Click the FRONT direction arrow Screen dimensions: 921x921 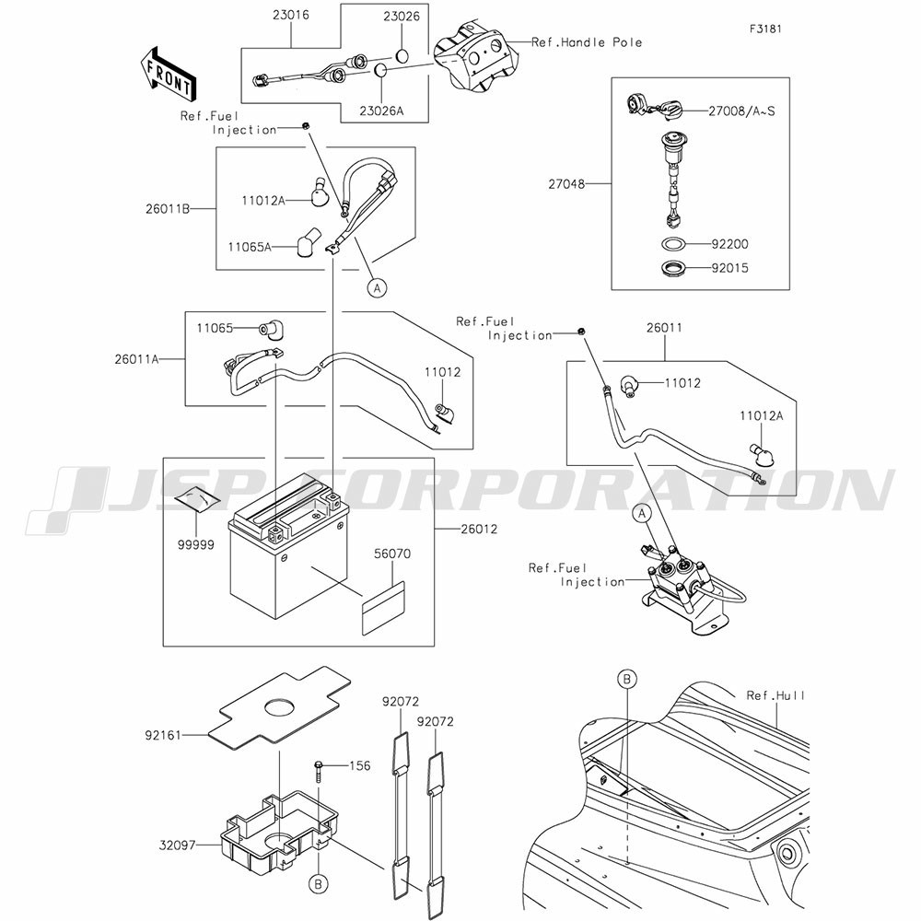pyautogui.click(x=167, y=74)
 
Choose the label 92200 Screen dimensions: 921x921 pyautogui.click(x=729, y=245)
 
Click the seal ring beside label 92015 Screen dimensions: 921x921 pyautogui.click(x=674, y=270)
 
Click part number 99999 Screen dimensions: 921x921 pyautogui.click(x=195, y=544)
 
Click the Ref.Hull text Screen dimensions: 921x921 pyautogui.click(x=775, y=695)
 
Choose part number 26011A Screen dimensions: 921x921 pyautogui.click(x=138, y=359)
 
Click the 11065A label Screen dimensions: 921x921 pyautogui.click(x=251, y=247)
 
